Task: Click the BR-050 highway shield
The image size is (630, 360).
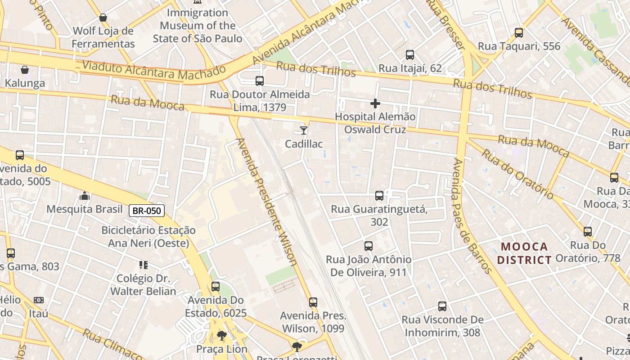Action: click(x=147, y=210)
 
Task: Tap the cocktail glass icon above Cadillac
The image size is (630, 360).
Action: click(x=304, y=130)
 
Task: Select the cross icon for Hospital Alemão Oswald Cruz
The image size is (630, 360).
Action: click(x=375, y=103)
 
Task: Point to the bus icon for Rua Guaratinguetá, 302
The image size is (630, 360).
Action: click(x=379, y=196)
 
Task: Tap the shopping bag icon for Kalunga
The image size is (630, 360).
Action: click(x=25, y=70)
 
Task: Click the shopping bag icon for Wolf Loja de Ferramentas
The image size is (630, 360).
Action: click(x=103, y=18)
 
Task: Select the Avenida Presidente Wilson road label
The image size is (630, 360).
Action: click(x=266, y=201)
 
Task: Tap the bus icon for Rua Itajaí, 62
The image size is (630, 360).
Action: click(x=409, y=55)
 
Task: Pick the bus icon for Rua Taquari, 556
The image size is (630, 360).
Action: click(x=519, y=33)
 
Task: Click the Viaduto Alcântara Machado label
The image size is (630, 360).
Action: click(x=153, y=71)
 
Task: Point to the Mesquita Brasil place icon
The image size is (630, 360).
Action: click(x=85, y=196)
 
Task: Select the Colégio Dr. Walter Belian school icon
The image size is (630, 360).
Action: click(x=143, y=265)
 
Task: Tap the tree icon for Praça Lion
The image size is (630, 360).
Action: click(x=221, y=336)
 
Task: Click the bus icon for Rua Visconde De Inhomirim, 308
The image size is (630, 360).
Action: click(x=442, y=306)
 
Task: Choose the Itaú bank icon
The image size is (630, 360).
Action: click(x=39, y=300)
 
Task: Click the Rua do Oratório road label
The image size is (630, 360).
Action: click(x=517, y=174)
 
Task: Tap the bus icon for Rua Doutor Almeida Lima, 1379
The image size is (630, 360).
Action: click(x=260, y=81)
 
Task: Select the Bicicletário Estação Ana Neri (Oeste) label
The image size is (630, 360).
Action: click(x=148, y=236)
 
